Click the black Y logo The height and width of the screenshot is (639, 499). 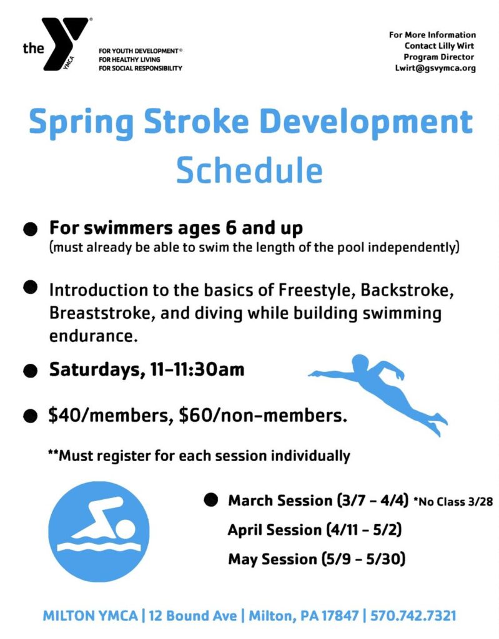point(66,43)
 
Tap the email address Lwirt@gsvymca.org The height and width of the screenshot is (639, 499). point(435,68)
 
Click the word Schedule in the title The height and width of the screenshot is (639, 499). point(249,170)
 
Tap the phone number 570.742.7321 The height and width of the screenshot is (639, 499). point(413,615)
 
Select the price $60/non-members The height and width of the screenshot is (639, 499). point(263,415)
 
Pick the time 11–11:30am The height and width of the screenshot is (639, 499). point(197,369)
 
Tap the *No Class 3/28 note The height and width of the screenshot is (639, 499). point(453,501)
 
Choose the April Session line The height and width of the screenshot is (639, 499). point(315,530)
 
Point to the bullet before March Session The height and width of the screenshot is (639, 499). point(210,500)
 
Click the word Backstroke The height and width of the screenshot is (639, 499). point(407,290)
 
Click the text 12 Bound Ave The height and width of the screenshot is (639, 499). point(192,615)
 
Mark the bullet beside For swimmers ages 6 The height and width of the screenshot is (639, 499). point(30,229)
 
